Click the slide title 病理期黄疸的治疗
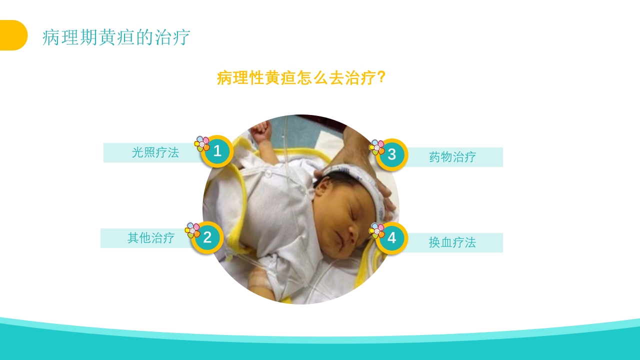tap(116, 37)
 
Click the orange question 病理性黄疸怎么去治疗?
tap(301, 78)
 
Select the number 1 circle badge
tap(217, 151)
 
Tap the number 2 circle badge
tap(207, 237)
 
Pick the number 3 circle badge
tap(391, 154)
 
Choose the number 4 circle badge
tap(391, 238)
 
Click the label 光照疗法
tap(155, 152)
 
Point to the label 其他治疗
tap(150, 238)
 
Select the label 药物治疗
tap(452, 157)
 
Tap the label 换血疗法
tap(452, 242)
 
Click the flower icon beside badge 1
tap(202, 144)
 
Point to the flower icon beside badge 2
tap(192, 230)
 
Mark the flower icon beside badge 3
tap(377, 147)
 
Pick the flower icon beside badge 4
tap(377, 230)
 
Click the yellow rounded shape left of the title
tap(12, 35)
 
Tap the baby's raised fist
tap(261, 131)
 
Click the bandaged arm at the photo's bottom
tap(260, 282)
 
